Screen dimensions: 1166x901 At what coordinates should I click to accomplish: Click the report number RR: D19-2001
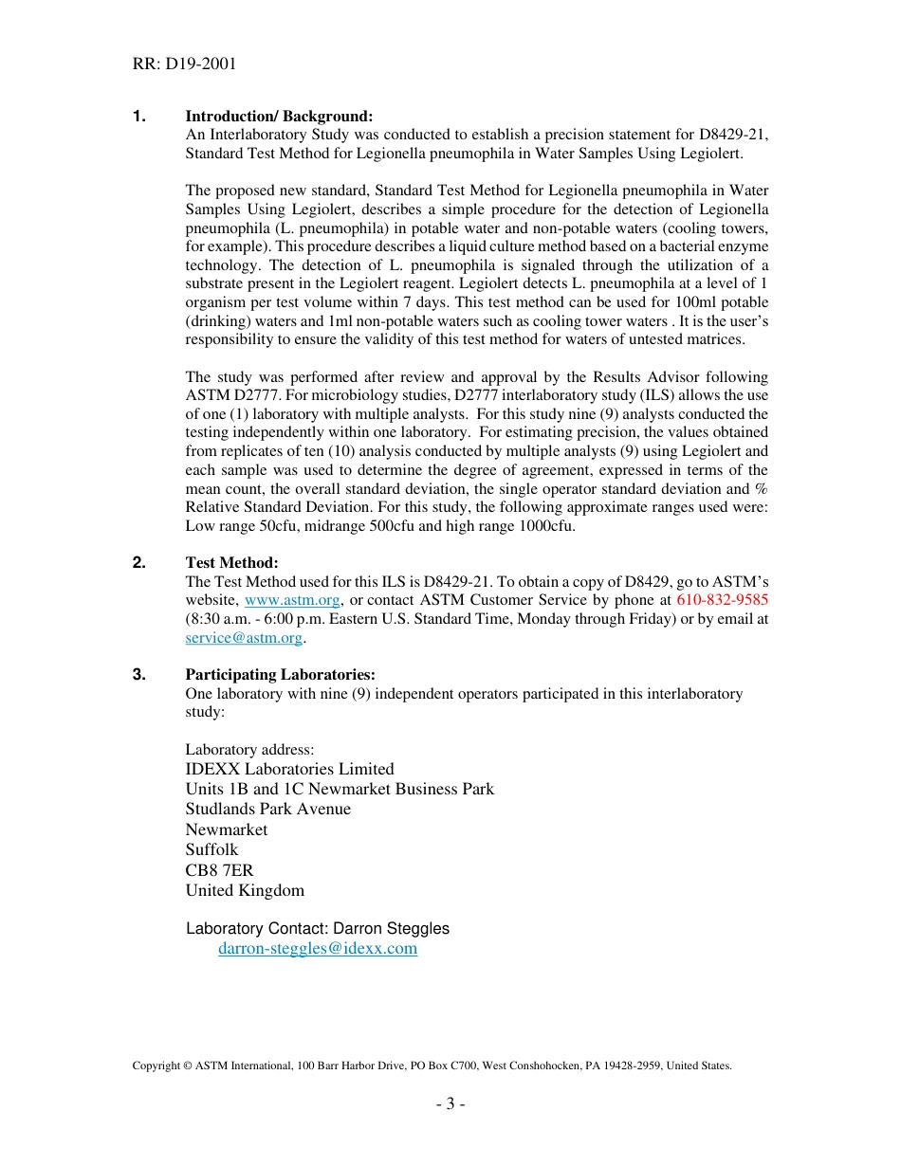click(184, 64)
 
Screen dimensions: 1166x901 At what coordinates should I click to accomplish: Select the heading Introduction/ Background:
click(279, 116)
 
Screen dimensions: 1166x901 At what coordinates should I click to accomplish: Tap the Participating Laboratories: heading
click(280, 675)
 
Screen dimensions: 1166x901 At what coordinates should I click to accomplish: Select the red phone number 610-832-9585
click(722, 600)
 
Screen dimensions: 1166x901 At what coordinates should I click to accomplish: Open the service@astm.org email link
click(244, 638)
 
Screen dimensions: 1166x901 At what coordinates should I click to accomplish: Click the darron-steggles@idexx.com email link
click(318, 948)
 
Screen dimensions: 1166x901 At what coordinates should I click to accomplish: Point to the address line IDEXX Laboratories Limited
click(289, 769)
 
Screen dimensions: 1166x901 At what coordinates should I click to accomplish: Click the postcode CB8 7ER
click(219, 870)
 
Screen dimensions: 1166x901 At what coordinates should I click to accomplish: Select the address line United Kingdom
click(245, 890)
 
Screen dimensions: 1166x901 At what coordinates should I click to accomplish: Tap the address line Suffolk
click(211, 849)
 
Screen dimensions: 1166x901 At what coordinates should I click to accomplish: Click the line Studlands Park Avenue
click(267, 809)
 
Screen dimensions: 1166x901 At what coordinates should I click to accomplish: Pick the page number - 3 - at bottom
click(450, 1103)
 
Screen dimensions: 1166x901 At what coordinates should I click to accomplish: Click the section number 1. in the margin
click(139, 116)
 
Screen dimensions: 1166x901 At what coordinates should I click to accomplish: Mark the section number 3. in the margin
click(139, 675)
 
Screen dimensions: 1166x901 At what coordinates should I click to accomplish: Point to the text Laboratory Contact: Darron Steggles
click(317, 929)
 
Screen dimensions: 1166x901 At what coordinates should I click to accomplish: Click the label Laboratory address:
click(249, 750)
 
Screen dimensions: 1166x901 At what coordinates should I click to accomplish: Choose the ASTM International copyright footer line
click(432, 1066)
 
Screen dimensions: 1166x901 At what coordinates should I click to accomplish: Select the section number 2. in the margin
click(139, 563)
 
